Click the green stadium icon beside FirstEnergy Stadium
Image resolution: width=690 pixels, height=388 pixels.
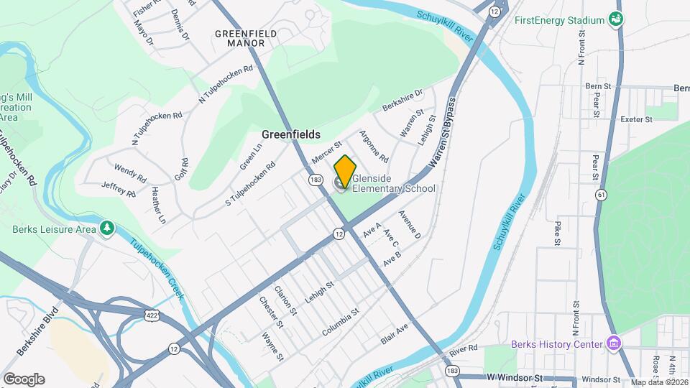point(615,19)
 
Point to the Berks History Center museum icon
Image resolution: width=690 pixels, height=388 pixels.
point(612,344)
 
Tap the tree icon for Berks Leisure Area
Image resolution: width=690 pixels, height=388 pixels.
point(107,228)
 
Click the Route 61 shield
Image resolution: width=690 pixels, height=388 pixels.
point(601,195)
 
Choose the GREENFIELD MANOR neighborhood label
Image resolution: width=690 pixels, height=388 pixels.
point(241,38)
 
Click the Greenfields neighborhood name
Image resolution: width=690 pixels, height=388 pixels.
point(290,134)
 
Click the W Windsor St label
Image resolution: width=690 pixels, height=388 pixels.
point(512,377)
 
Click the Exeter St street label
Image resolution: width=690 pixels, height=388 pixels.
point(635,119)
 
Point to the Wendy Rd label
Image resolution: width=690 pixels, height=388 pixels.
point(129,171)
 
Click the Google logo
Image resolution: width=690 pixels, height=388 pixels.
point(24,379)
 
